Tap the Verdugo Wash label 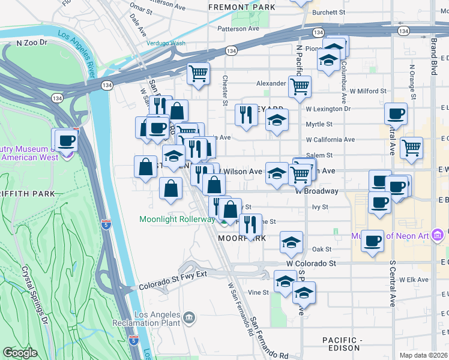tap(166, 43)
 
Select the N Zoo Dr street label tap(35, 43)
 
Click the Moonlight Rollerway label tap(177, 219)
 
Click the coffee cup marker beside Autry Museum tap(67, 141)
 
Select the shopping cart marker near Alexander tap(300, 86)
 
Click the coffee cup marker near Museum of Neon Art tap(372, 241)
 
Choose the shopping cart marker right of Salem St tap(411, 148)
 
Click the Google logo tap(20, 353)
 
